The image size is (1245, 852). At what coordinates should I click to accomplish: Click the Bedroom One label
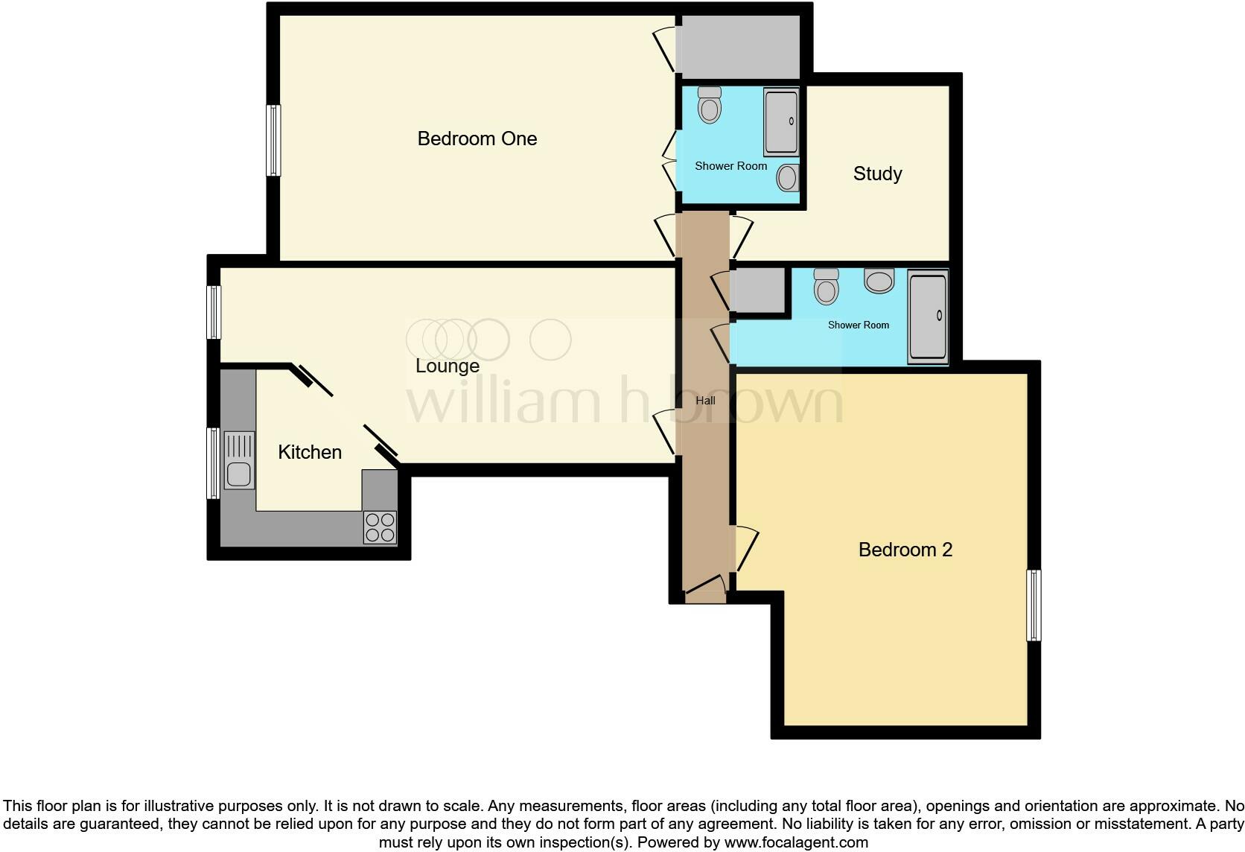point(477,139)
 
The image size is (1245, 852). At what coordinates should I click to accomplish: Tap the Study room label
point(877,174)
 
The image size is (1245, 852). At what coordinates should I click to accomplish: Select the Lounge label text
point(447,366)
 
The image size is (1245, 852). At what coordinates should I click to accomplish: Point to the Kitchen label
point(309,452)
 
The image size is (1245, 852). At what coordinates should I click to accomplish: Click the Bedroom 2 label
point(905,550)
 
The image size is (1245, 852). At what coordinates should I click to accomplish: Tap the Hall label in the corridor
point(705,401)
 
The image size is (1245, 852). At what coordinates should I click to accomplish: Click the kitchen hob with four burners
point(380,527)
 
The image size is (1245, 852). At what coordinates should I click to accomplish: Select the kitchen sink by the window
point(239,474)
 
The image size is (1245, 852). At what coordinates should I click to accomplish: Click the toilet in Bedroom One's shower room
point(710,106)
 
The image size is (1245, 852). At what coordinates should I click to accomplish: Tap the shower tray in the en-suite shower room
point(780,121)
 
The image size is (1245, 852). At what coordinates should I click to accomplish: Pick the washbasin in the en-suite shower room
point(787,178)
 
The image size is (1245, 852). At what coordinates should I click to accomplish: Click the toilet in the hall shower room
point(826,287)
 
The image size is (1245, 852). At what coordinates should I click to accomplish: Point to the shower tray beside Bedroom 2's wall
point(927,317)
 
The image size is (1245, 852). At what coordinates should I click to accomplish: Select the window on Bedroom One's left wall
point(273,140)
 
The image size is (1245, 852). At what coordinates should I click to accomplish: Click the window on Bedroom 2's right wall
point(1034,605)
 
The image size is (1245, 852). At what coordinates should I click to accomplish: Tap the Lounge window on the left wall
point(214,312)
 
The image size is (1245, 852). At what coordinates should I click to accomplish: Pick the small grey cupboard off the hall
point(757,290)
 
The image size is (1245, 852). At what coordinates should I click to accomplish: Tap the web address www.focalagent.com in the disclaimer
point(796,842)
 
